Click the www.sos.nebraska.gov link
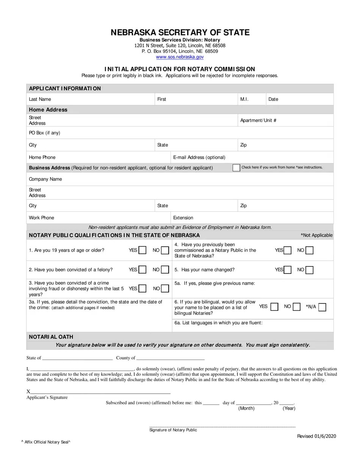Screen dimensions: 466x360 click(x=180, y=57)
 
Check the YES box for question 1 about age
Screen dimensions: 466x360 click(x=142, y=250)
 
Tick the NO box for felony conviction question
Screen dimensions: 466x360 click(x=165, y=270)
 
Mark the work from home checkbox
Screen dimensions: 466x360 click(x=236, y=167)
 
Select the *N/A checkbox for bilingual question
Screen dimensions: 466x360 click(x=322, y=307)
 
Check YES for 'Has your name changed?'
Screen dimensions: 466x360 click(x=288, y=270)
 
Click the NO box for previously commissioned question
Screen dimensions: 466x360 click(x=310, y=250)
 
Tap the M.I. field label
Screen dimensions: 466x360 click(x=244, y=99)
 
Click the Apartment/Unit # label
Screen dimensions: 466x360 click(x=258, y=120)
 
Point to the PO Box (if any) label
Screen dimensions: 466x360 click(x=44, y=133)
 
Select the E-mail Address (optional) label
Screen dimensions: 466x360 click(x=199, y=157)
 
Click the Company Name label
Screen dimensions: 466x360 click(x=45, y=179)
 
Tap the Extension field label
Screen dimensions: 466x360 click(x=183, y=218)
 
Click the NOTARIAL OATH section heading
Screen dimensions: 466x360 click(x=51, y=337)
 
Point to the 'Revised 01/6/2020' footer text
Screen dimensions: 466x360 click(x=316, y=436)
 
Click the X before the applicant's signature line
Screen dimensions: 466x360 click(x=28, y=392)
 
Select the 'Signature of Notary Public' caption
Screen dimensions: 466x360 click(x=173, y=430)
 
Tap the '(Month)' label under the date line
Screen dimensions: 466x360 click(x=246, y=408)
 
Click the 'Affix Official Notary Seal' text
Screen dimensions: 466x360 click(x=46, y=442)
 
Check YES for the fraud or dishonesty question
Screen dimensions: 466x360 click(x=142, y=289)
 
